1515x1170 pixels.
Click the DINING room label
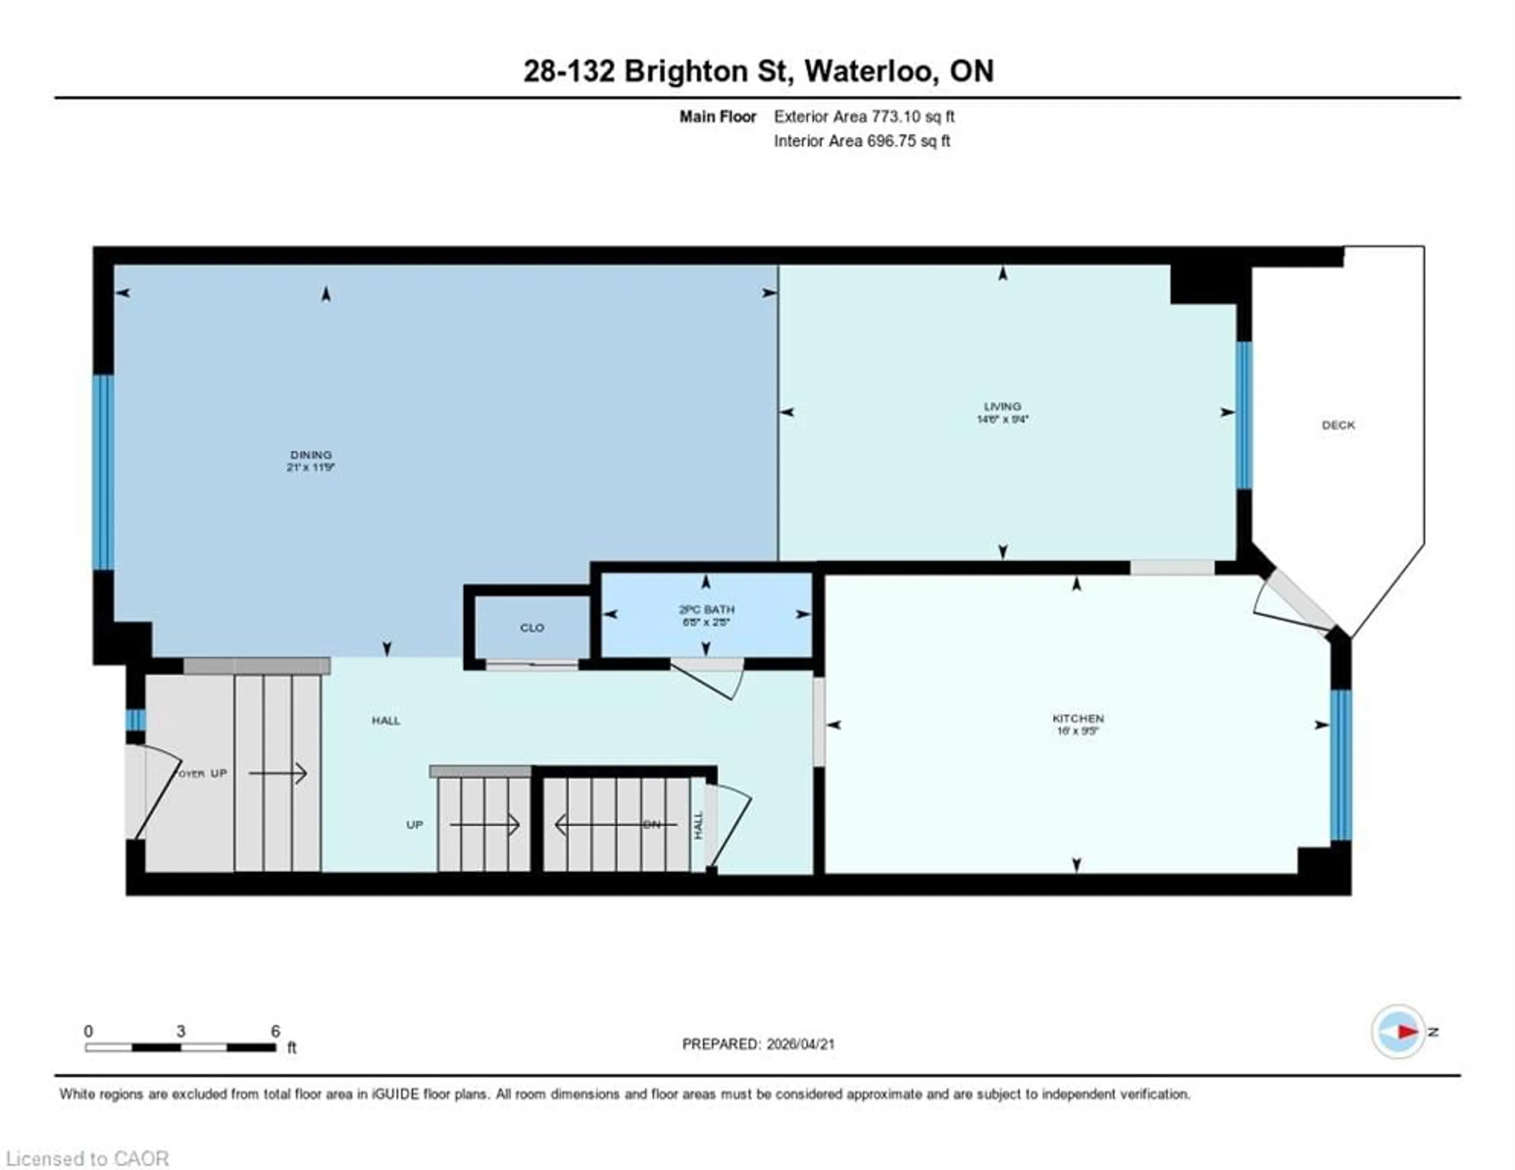pos(311,455)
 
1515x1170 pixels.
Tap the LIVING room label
pos(1003,407)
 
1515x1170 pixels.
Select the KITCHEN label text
pos(1077,718)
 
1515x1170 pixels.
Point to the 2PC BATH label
pos(706,610)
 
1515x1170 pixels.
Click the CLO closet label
pos(532,628)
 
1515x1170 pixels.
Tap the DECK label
pos(1338,425)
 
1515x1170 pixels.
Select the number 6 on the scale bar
pos(275,1031)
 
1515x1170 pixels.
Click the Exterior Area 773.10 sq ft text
pos(864,116)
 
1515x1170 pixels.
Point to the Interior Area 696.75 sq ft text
pos(862,141)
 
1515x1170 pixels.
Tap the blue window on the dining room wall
pos(103,472)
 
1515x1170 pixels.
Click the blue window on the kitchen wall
pos(1341,765)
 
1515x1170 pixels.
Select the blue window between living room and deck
pos(1244,415)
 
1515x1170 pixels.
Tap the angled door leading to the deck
pos(1294,602)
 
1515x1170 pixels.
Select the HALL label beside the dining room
pos(386,720)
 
